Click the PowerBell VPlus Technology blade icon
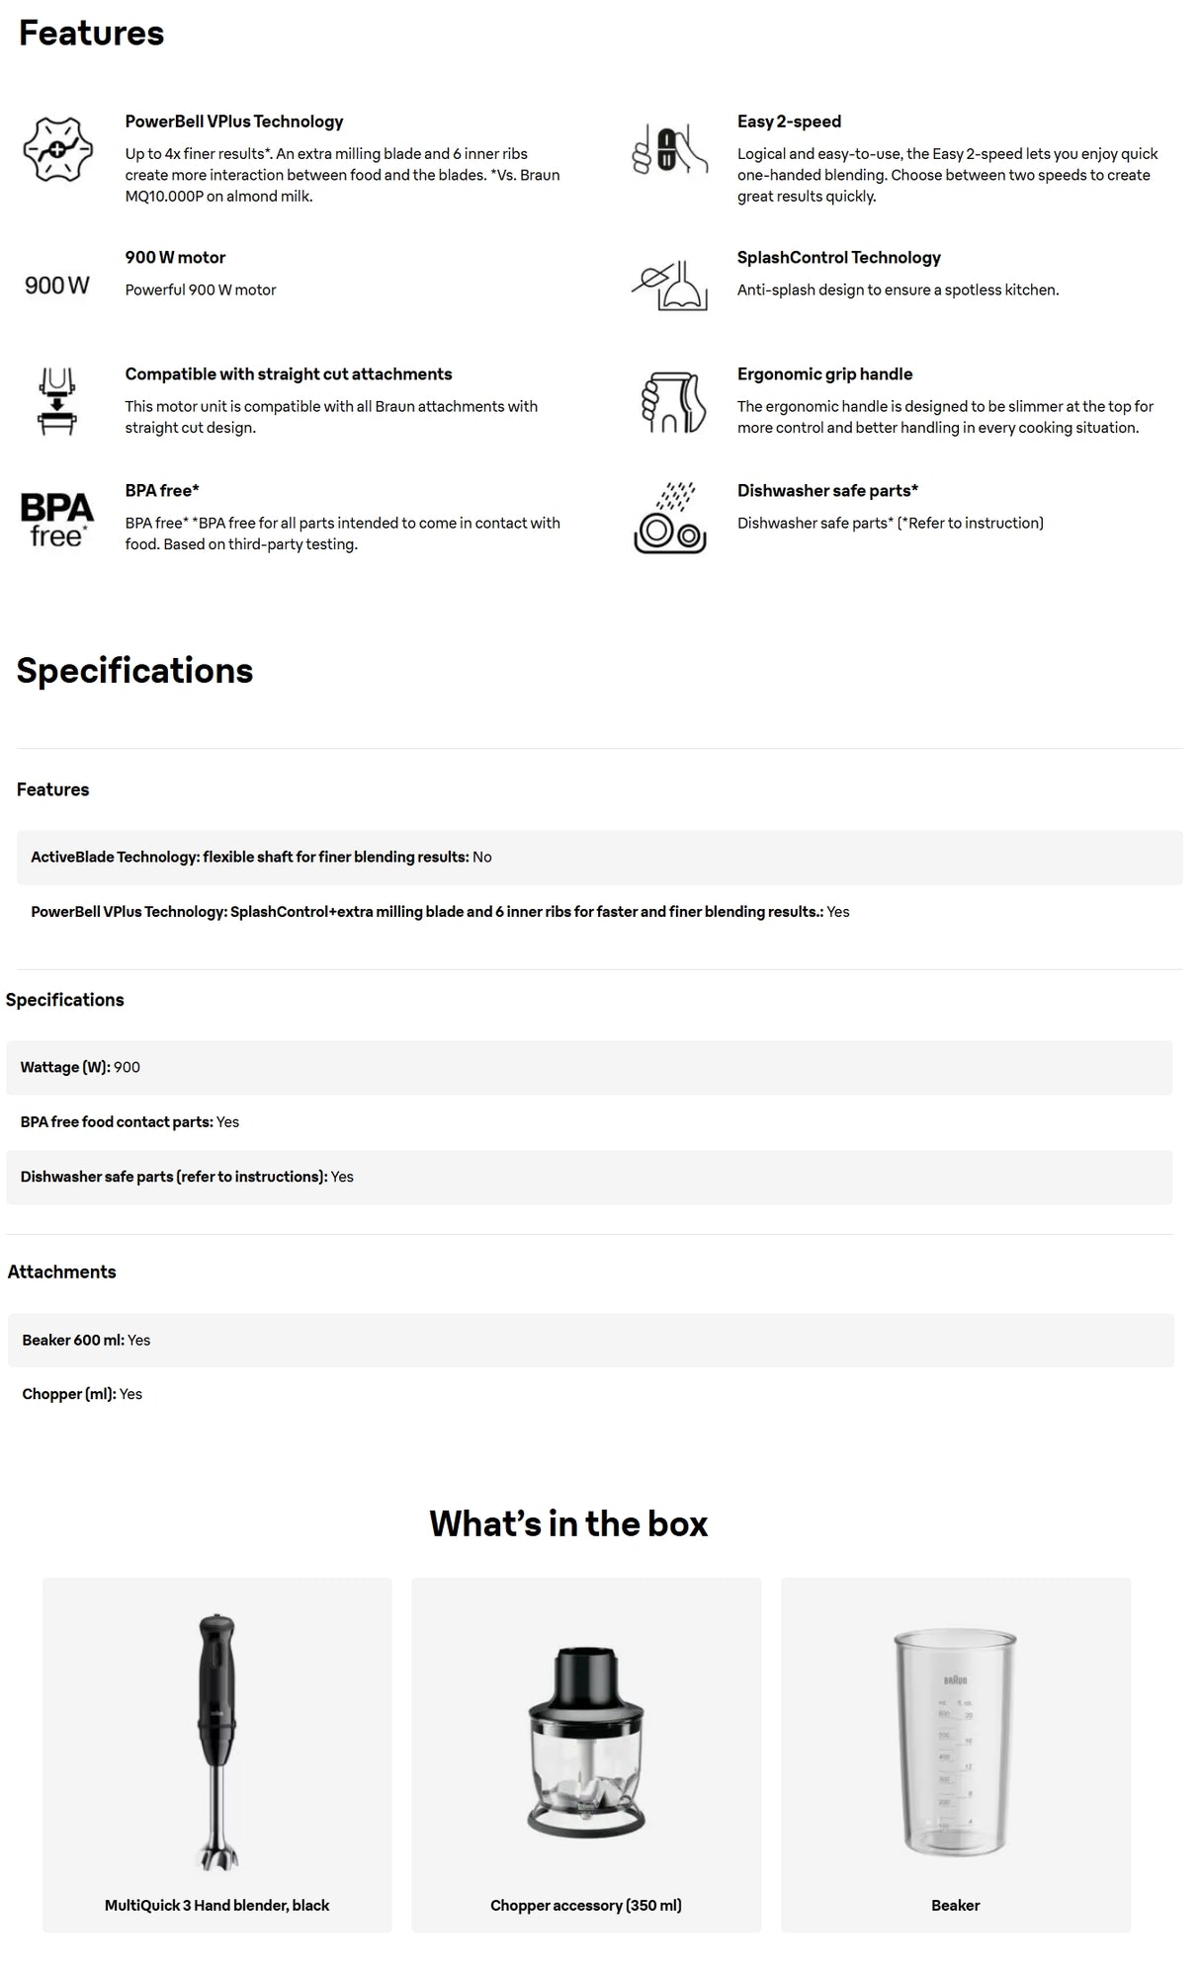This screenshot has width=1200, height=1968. [x=57, y=149]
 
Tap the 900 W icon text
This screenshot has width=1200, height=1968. [x=57, y=286]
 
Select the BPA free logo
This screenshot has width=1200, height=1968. [x=57, y=519]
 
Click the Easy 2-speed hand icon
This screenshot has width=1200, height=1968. [x=670, y=151]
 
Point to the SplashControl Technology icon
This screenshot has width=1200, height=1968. [x=670, y=285]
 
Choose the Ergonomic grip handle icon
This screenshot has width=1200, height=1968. [x=672, y=402]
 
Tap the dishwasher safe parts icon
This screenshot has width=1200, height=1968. [x=670, y=519]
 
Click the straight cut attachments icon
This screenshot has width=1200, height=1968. [x=57, y=401]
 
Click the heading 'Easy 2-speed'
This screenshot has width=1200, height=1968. [x=789, y=122]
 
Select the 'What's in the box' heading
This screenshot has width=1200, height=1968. [x=568, y=1523]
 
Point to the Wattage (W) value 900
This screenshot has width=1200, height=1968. [x=127, y=1067]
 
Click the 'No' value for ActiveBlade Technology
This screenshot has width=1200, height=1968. [x=481, y=857]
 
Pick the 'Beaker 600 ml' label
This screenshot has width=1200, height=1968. [x=73, y=1340]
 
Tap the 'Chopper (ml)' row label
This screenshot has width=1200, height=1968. [x=69, y=1394]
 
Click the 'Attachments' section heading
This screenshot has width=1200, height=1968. [x=61, y=1271]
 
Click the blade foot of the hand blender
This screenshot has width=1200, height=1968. [x=217, y=1851]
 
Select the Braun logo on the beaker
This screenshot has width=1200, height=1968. [x=955, y=1680]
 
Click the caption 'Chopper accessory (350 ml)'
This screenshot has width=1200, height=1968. [x=586, y=1905]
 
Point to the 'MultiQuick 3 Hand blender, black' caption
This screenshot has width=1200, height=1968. [x=216, y=1905]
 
